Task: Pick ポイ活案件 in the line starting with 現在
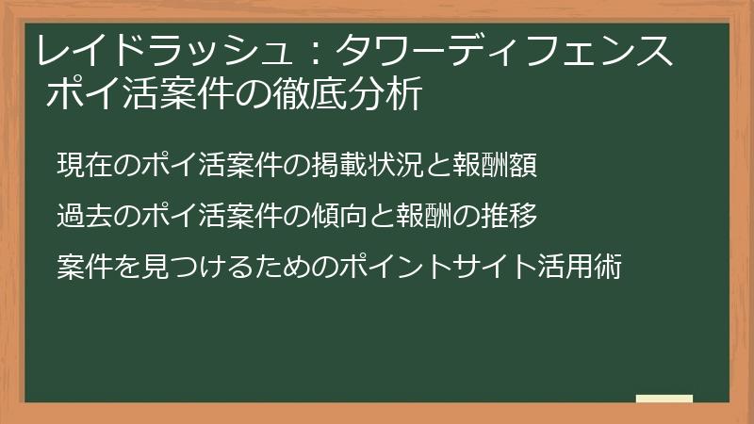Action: [205, 163]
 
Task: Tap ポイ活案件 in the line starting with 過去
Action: [205, 216]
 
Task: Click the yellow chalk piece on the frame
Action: [664, 399]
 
